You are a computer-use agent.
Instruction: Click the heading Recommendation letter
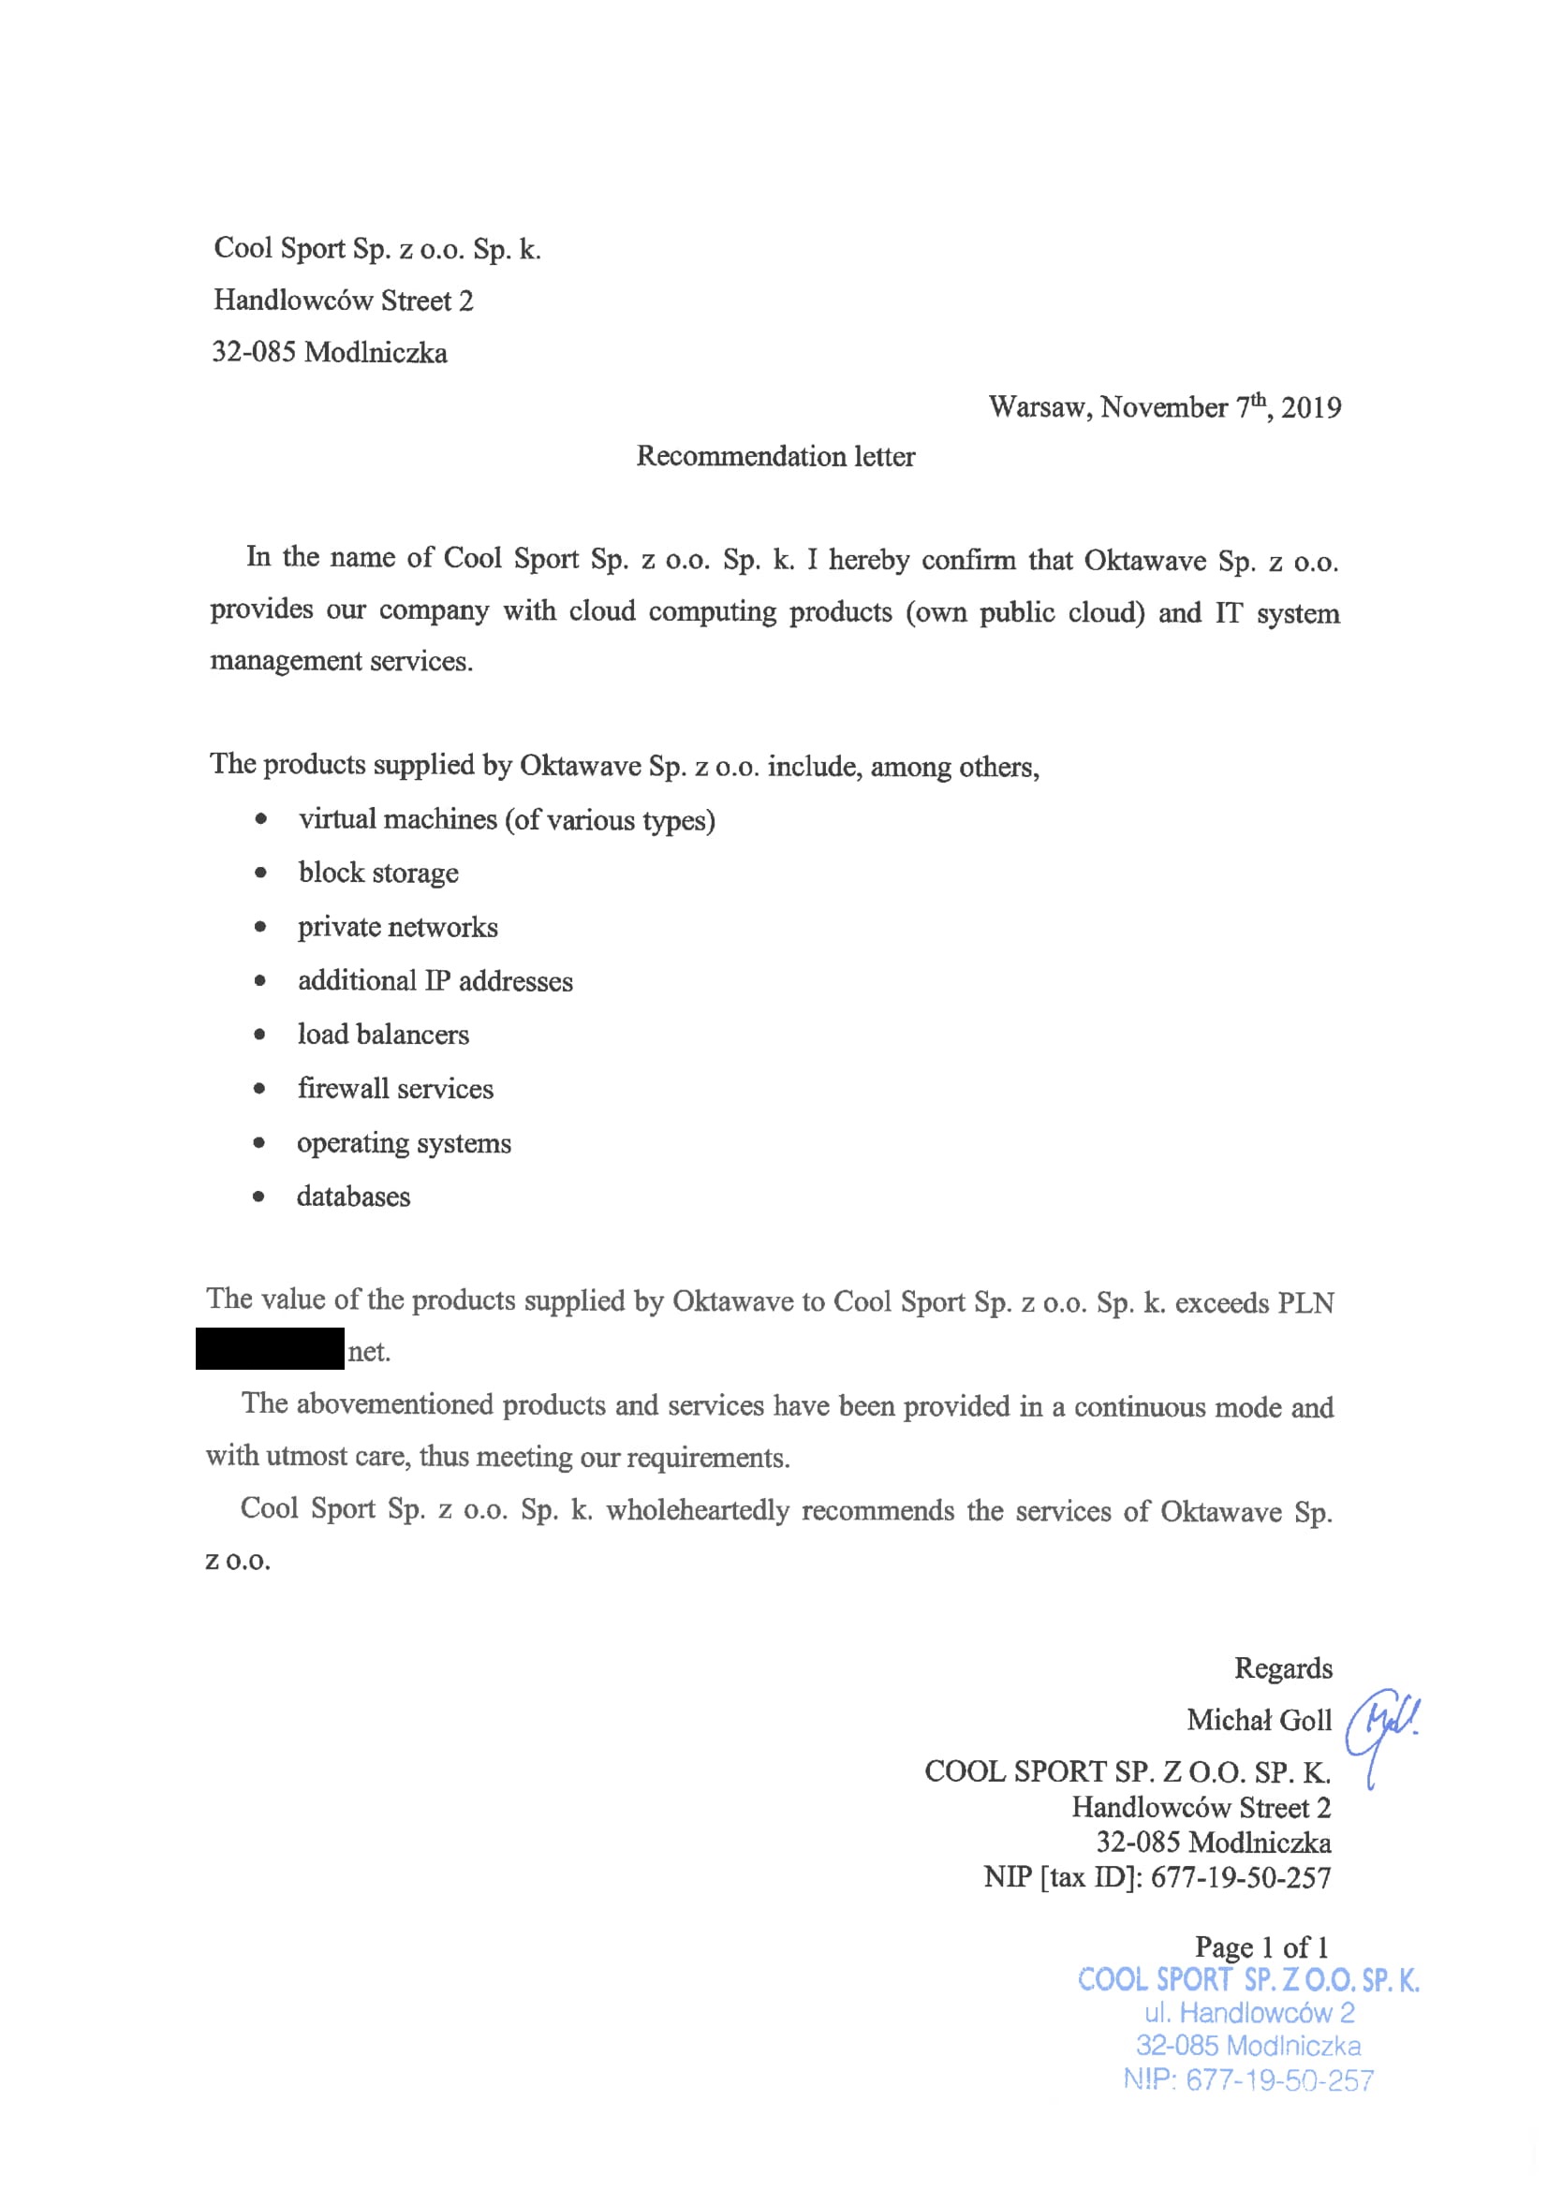click(x=775, y=457)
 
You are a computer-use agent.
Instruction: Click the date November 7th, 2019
click(x=1220, y=407)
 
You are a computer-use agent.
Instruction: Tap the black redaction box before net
click(x=270, y=1348)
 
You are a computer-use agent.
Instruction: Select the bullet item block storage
click(x=377, y=873)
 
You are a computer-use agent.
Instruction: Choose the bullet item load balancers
click(x=383, y=1035)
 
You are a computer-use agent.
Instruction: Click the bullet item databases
click(x=353, y=1197)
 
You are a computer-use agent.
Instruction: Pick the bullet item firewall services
click(x=395, y=1089)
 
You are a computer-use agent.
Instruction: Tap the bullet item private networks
click(x=397, y=927)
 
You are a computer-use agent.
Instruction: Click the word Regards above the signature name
click(x=1283, y=1668)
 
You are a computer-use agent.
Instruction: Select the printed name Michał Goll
click(x=1259, y=1720)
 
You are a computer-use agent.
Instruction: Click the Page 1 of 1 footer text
click(x=1261, y=1946)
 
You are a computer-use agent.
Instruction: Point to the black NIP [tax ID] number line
click(x=1157, y=1877)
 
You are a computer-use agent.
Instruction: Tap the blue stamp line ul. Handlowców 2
click(x=1248, y=2013)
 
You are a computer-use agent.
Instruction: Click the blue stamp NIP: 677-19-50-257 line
click(x=1247, y=2079)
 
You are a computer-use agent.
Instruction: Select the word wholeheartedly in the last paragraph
click(x=698, y=1510)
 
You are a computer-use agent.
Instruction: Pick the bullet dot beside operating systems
click(x=259, y=1143)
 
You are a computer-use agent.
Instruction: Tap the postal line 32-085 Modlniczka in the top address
click(x=329, y=353)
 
